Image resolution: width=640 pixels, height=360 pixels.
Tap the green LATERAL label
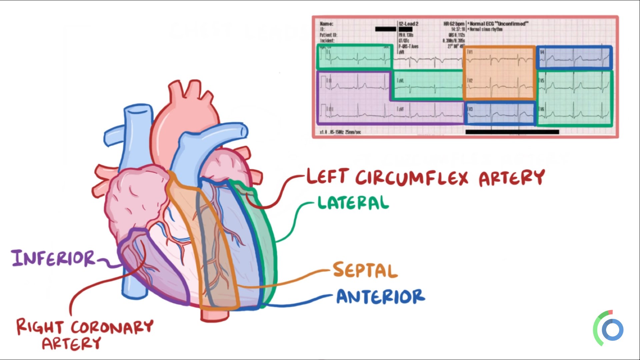(x=353, y=203)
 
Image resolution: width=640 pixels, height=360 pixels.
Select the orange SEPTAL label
(x=365, y=270)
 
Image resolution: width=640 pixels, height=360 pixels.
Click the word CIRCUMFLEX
(x=412, y=177)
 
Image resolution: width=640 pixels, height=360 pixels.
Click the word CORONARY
(x=112, y=327)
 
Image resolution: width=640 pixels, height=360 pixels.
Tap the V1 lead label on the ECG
(x=470, y=52)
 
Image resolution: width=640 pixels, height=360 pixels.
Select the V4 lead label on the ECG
(x=542, y=52)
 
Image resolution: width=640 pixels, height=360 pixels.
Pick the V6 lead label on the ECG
(x=542, y=109)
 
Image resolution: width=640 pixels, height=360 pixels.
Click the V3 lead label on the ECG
(x=470, y=109)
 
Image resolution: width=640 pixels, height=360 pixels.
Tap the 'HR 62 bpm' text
(x=454, y=24)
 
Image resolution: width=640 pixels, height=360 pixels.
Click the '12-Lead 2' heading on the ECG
(x=408, y=24)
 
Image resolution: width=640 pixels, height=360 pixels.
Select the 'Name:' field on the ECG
(x=326, y=24)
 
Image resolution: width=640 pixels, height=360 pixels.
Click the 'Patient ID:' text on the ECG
(x=328, y=35)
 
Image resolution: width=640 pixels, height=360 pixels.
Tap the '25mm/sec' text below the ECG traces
(x=353, y=132)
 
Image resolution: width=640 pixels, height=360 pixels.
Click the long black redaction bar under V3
(x=512, y=132)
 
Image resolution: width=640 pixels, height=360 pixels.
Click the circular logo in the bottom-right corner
(x=612, y=330)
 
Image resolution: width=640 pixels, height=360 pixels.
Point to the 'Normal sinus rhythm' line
(x=486, y=29)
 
